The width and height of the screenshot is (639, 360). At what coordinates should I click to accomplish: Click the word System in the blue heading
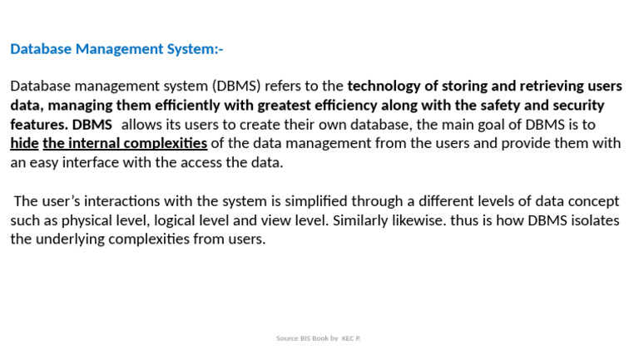193,49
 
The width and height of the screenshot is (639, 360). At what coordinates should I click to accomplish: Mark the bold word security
576,106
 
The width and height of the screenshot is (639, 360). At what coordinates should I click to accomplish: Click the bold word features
38,125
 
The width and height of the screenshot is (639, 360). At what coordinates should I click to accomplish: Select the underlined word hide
24,144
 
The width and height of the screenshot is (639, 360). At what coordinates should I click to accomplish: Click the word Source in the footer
287,339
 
